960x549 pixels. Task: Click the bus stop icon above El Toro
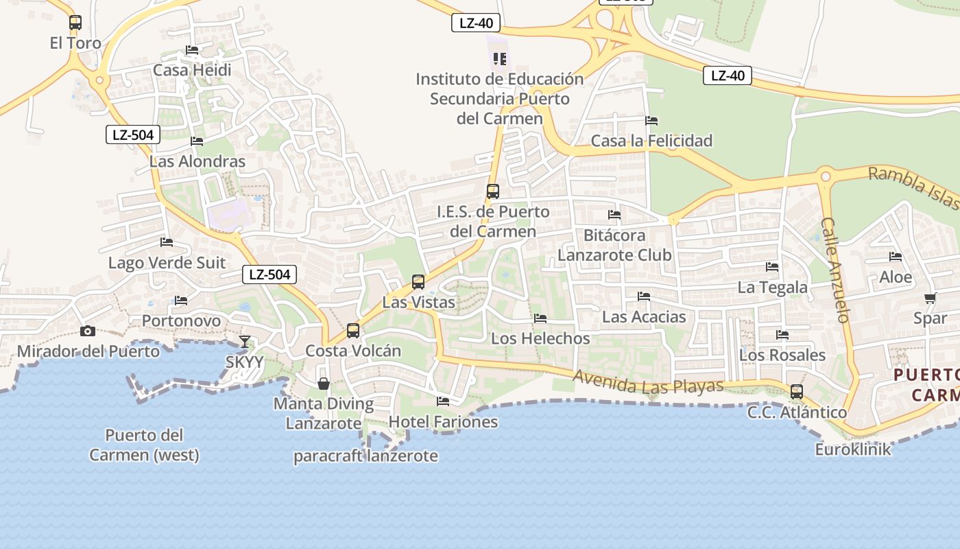tap(75, 23)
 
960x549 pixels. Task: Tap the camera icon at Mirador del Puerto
tap(88, 331)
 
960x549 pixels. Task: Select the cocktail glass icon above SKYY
tap(245, 341)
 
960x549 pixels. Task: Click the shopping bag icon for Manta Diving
tap(324, 384)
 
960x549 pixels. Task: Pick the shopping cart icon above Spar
tap(931, 298)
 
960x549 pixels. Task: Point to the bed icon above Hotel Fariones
tap(443, 401)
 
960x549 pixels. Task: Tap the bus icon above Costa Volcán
tap(353, 331)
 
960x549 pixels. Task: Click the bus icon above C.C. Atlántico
tap(797, 392)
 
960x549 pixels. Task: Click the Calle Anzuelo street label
tap(836, 270)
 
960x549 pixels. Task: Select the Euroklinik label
tap(853, 449)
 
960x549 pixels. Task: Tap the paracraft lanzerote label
tap(365, 456)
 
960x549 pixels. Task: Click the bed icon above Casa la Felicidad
tap(651, 121)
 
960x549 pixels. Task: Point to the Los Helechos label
tap(540, 338)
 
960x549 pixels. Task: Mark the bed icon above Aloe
tap(896, 257)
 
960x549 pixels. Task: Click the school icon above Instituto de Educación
tap(500, 59)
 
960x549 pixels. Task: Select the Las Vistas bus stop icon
tap(418, 281)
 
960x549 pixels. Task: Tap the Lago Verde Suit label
tap(167, 263)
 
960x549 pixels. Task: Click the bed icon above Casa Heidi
tap(192, 50)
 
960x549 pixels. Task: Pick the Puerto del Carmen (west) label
tap(144, 445)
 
